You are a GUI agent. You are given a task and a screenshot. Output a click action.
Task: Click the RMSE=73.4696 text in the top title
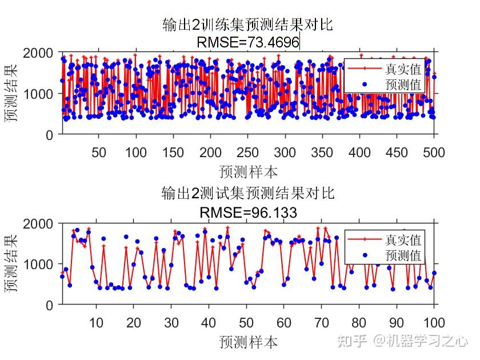click(247, 42)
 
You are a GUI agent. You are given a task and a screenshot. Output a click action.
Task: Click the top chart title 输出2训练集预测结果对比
click(247, 25)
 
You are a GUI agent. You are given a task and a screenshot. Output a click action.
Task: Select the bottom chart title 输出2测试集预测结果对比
click(247, 193)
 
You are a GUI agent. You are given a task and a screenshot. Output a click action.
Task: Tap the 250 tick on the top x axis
click(248, 152)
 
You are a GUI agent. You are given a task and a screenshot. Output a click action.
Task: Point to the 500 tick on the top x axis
click(434, 152)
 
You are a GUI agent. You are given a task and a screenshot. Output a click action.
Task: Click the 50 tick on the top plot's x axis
click(99, 152)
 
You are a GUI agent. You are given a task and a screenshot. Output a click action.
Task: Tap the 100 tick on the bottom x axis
click(434, 323)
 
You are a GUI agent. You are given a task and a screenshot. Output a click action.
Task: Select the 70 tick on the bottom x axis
click(322, 323)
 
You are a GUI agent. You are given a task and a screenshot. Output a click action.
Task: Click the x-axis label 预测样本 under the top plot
click(247, 171)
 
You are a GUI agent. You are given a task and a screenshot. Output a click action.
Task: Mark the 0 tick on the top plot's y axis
click(49, 135)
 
